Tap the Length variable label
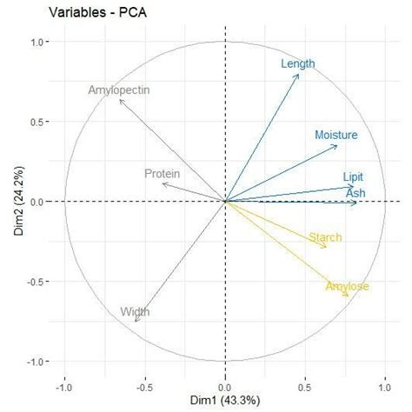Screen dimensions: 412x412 (x=298, y=63)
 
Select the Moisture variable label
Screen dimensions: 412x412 (x=336, y=135)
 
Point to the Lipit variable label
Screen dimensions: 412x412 (x=353, y=176)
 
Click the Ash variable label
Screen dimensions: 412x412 (x=356, y=191)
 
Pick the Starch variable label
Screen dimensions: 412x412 (x=325, y=237)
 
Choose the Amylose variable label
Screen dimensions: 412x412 (x=347, y=287)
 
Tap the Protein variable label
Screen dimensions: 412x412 (x=163, y=174)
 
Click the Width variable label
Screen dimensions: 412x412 (x=135, y=311)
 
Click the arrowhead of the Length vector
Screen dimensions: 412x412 (x=299, y=74)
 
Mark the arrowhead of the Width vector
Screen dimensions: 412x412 (x=136, y=322)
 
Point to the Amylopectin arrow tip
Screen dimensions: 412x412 (x=119, y=100)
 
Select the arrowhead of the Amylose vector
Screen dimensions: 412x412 (x=349, y=296)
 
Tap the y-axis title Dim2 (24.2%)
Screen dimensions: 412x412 (x=11, y=202)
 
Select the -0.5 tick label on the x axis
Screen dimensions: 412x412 (x=144, y=387)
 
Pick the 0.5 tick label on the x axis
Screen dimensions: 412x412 (x=306, y=387)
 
